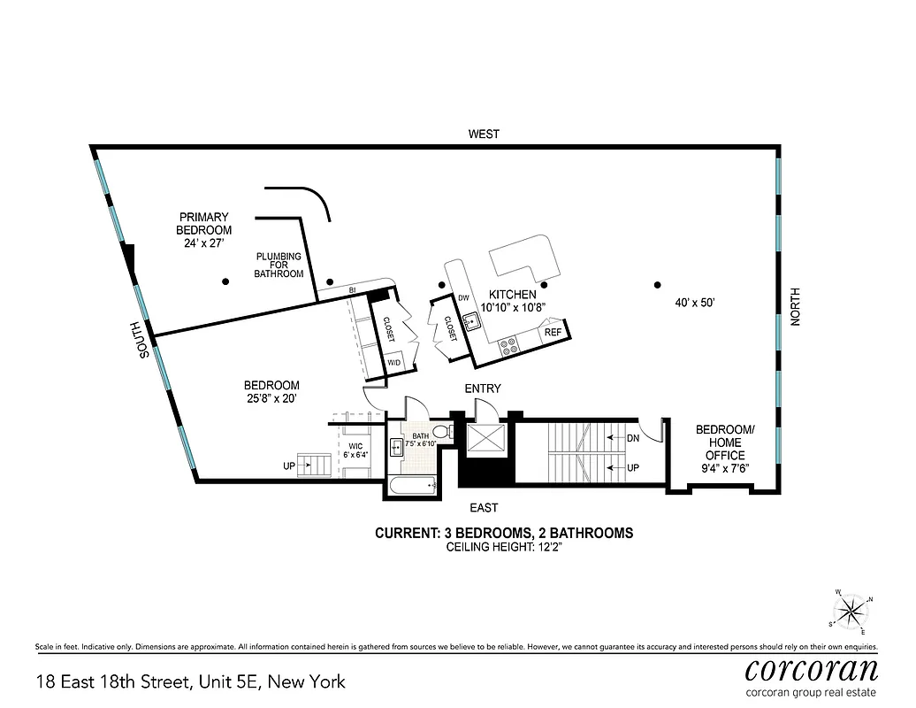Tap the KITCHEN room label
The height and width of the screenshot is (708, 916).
point(513,295)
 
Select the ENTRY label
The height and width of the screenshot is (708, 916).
point(483,389)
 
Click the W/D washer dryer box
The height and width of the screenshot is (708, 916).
point(393,363)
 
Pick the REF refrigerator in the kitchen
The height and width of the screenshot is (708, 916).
point(553,333)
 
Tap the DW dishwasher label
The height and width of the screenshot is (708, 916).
point(463,298)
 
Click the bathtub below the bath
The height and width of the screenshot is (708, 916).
point(413,484)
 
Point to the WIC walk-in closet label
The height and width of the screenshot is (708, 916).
point(355,450)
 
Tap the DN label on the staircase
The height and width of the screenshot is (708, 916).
point(633,437)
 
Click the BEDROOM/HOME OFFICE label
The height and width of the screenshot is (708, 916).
point(725,443)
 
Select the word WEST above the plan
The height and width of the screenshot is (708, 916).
point(484,135)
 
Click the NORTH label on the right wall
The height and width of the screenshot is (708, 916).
point(794,306)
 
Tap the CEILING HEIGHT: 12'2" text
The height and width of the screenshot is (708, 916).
point(503,548)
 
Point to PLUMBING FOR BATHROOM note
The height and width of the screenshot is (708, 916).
point(279,265)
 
